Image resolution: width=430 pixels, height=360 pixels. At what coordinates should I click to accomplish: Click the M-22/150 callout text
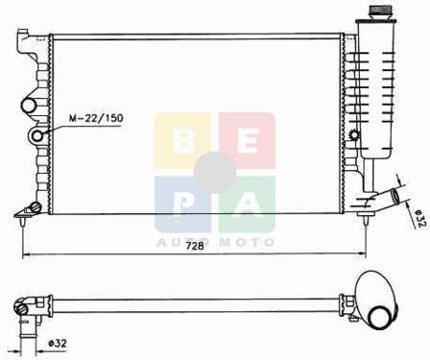(x=96, y=118)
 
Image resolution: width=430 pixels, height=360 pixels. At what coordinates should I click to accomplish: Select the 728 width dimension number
(x=195, y=246)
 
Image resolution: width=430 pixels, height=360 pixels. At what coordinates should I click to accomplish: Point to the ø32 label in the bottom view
(x=58, y=344)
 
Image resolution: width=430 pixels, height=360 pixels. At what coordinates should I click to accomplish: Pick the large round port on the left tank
(x=29, y=106)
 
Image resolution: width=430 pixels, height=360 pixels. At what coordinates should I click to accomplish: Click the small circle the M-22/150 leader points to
(x=38, y=136)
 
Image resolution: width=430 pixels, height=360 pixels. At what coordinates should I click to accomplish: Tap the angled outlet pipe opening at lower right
(x=397, y=195)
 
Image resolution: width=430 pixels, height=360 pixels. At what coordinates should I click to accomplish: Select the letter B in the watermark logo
(x=183, y=141)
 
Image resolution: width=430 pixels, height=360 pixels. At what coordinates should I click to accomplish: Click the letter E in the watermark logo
(x=248, y=141)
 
